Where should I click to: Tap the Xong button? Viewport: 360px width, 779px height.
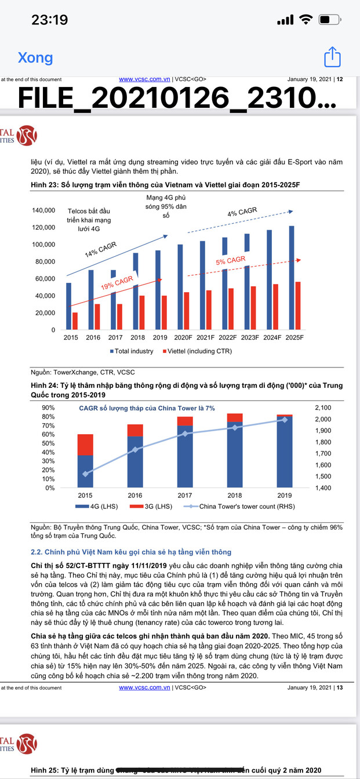click(35, 58)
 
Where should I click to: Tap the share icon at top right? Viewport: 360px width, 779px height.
click(332, 57)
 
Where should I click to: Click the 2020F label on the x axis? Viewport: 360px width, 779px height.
click(183, 338)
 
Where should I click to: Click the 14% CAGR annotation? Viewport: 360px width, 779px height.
click(100, 250)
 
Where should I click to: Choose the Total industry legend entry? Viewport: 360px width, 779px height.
click(132, 351)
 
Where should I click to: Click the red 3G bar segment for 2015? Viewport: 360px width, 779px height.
click(85, 445)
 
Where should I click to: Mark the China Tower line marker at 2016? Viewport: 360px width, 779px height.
click(135, 450)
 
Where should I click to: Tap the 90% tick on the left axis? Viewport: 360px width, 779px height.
click(48, 408)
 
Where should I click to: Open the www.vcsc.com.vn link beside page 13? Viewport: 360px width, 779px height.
click(144, 688)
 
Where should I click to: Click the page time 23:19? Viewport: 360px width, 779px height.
click(50, 20)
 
